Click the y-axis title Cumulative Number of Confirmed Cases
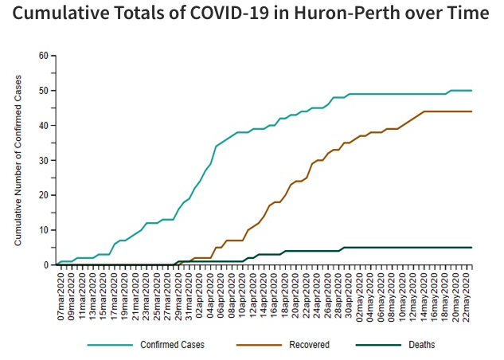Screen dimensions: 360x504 point(18,160)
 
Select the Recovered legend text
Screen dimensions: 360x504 point(309,345)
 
